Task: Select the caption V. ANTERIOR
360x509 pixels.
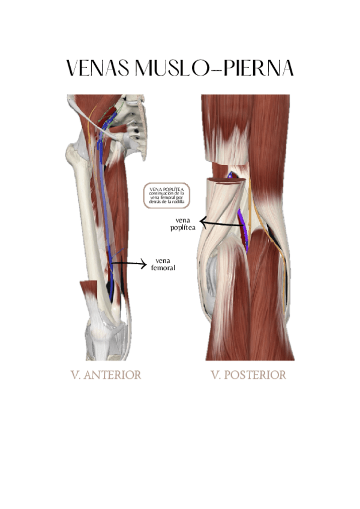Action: [x=106, y=375]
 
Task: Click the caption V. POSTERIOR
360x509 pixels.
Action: [x=248, y=375]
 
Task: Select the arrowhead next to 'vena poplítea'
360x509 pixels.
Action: [x=203, y=223]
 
